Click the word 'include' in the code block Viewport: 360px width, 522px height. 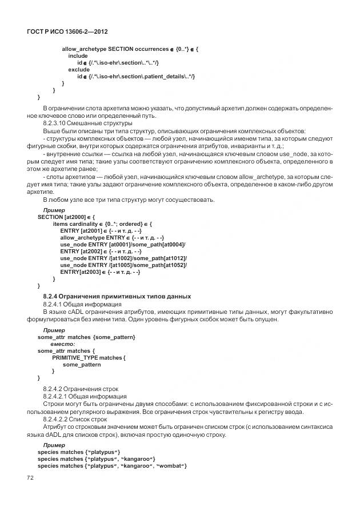tap(78, 56)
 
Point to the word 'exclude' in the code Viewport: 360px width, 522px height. tap(79, 70)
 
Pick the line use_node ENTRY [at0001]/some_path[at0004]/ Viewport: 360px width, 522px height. tap(123, 244)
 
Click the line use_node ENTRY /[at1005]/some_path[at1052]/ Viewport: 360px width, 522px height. tap(124, 265)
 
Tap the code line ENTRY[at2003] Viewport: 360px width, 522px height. tap(100, 272)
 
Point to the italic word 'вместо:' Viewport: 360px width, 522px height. tap(63, 344)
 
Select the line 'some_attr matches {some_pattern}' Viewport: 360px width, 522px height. tap(86, 337)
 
